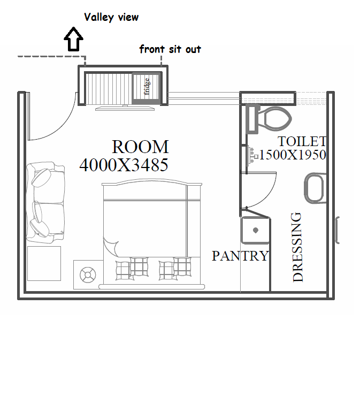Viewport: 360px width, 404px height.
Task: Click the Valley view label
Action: coord(111,18)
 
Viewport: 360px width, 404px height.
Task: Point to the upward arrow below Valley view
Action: coord(74,39)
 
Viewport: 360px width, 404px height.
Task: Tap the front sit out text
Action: coord(170,49)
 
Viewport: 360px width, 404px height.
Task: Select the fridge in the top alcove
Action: coord(146,88)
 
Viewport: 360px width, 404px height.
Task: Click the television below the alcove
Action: coord(125,108)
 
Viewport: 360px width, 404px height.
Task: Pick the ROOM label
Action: coord(140,147)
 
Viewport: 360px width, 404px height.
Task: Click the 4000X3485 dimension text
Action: coord(124,165)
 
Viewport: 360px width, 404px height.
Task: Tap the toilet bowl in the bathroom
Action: coord(275,119)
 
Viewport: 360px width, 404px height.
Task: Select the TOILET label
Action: coord(302,141)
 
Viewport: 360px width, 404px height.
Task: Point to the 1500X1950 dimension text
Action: coord(293,155)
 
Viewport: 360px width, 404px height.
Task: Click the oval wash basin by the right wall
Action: coord(315,188)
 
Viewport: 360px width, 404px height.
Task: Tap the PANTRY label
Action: coord(240,256)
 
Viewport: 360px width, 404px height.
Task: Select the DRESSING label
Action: coord(298,247)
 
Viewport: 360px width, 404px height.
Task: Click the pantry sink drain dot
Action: coord(256,230)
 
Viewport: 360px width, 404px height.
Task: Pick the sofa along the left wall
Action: coord(45,202)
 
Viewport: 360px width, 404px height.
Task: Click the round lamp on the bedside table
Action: coord(88,275)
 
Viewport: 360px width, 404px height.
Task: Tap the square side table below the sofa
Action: coord(44,263)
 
